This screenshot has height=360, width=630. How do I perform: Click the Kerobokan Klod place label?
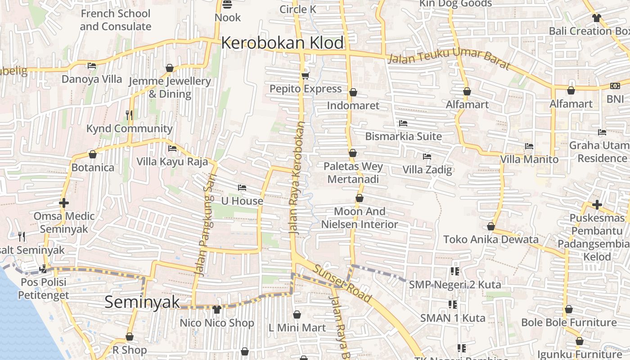click(x=282, y=43)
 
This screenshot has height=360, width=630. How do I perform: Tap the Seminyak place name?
click(x=142, y=302)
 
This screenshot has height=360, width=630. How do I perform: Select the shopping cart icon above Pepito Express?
click(x=306, y=75)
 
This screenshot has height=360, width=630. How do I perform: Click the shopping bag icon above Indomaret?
click(x=353, y=92)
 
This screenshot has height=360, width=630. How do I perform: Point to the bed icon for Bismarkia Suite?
click(x=403, y=123)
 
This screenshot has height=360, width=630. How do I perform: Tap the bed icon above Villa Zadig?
click(x=427, y=157)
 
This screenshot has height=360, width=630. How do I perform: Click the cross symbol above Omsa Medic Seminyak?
click(x=64, y=203)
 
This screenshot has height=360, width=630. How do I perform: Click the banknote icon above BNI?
click(x=615, y=86)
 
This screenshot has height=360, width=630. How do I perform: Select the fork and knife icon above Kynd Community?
click(x=129, y=115)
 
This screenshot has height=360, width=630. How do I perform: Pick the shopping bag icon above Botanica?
click(x=93, y=154)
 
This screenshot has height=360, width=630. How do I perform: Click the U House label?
click(x=242, y=201)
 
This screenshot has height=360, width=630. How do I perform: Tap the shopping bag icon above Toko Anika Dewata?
click(x=491, y=226)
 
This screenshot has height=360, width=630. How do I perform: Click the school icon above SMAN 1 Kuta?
click(x=453, y=305)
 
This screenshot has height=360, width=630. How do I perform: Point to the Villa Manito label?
click(x=529, y=159)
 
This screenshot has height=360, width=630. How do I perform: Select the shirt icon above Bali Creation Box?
click(x=597, y=18)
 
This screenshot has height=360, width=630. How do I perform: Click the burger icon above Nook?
click(x=228, y=5)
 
